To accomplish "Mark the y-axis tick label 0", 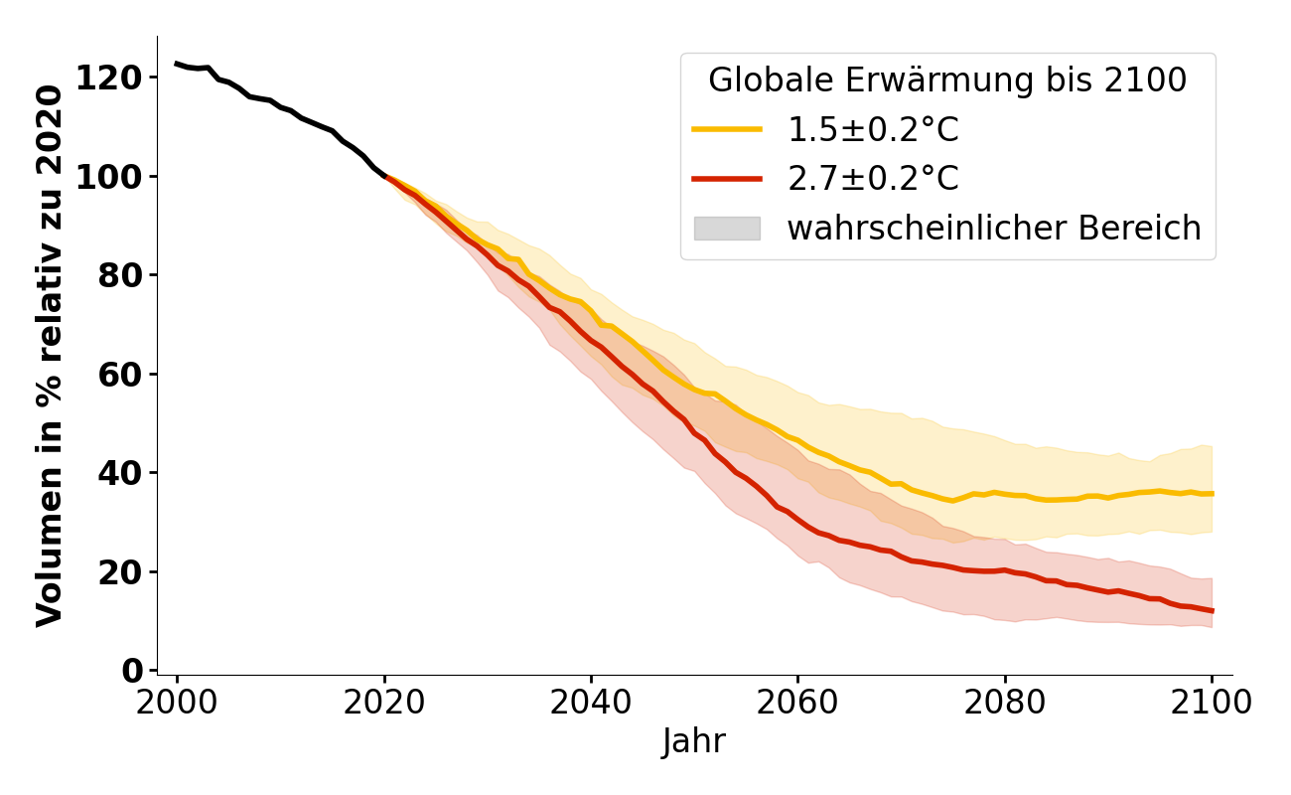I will (x=132, y=671).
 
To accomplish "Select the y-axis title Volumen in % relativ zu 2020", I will (x=51, y=356).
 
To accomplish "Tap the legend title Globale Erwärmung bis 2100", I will (x=947, y=80).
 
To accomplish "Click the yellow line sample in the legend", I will (x=727, y=129).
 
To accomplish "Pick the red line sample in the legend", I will (x=727, y=179).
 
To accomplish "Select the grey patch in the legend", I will (x=727, y=229).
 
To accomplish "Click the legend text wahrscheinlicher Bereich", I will (x=994, y=229).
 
